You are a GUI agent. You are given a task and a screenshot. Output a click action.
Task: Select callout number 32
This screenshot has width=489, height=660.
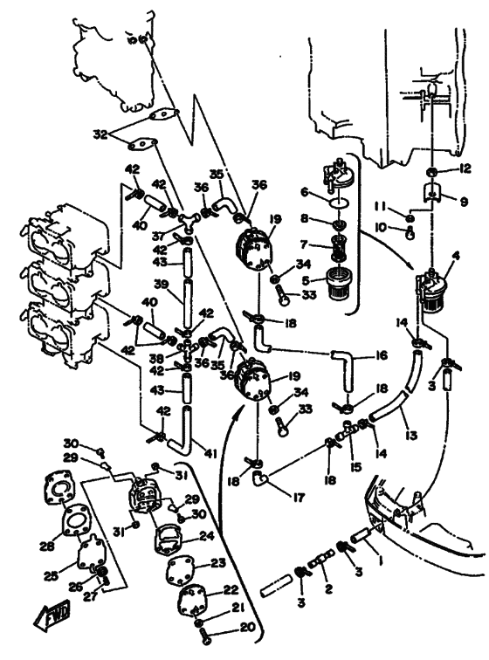point(101,134)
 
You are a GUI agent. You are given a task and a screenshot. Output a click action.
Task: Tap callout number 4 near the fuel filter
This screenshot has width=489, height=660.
point(456,256)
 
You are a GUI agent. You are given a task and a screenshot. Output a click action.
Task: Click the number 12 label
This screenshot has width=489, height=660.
point(465,168)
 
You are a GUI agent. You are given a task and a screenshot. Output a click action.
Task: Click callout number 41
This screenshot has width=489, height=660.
point(210,454)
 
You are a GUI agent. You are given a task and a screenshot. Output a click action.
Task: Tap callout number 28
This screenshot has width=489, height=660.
point(47,546)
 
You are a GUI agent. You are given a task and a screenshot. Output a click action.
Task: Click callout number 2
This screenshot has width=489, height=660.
point(328,588)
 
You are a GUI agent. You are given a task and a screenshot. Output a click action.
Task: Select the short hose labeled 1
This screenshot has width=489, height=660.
point(362,537)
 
